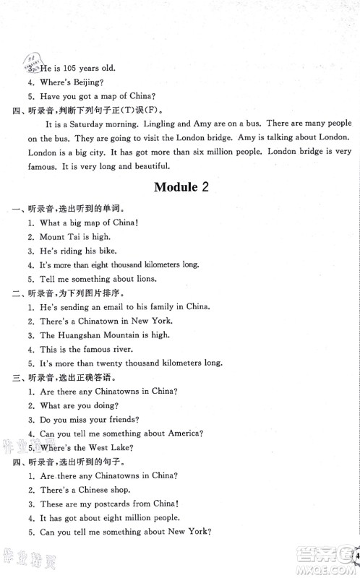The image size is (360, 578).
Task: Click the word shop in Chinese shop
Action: coord(127,490)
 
